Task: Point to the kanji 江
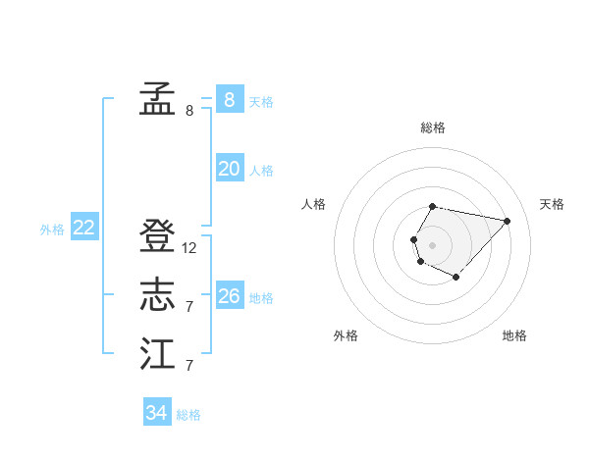tap(157, 353)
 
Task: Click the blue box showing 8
tap(229, 99)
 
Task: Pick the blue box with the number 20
tap(229, 169)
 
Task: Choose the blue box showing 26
tap(229, 296)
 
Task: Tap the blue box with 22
tap(84, 228)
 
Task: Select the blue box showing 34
tap(156, 413)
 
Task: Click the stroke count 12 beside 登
tap(189, 248)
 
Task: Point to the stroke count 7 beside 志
tap(189, 307)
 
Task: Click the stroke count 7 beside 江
tap(189, 366)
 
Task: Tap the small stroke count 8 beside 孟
tap(189, 110)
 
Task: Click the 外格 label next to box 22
tap(52, 230)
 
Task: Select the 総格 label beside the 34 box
tap(188, 415)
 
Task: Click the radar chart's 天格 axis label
tap(552, 204)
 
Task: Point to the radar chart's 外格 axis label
tap(346, 335)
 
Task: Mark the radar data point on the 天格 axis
tap(508, 221)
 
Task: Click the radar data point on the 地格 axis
tap(456, 278)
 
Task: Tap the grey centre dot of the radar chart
tap(432, 243)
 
